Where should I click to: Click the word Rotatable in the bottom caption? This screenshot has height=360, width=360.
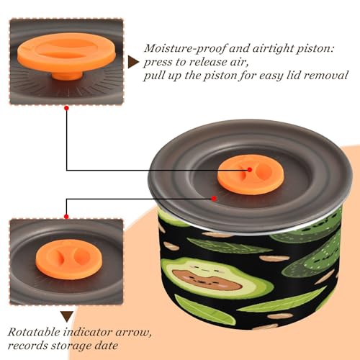pyautogui.click(x=34, y=332)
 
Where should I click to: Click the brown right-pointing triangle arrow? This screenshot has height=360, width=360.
pyautogui.click(x=133, y=62)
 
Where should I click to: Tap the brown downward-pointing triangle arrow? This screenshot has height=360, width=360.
pyautogui.click(x=67, y=317)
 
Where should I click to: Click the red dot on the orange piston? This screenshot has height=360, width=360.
pyautogui.click(x=250, y=170)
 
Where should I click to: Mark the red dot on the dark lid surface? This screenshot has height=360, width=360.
pyautogui.click(x=214, y=199)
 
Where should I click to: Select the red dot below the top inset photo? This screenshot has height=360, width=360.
pyautogui.click(x=67, y=108)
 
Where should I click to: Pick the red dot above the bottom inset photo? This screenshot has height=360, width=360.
pyautogui.click(x=66, y=217)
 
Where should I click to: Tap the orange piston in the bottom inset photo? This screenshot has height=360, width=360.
pyautogui.click(x=69, y=260)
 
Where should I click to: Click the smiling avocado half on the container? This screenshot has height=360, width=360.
pyautogui.click(x=216, y=279)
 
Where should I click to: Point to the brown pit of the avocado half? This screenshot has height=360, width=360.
pyautogui.click(x=206, y=279)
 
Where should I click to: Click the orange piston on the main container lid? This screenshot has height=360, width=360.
pyautogui.click(x=251, y=174)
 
